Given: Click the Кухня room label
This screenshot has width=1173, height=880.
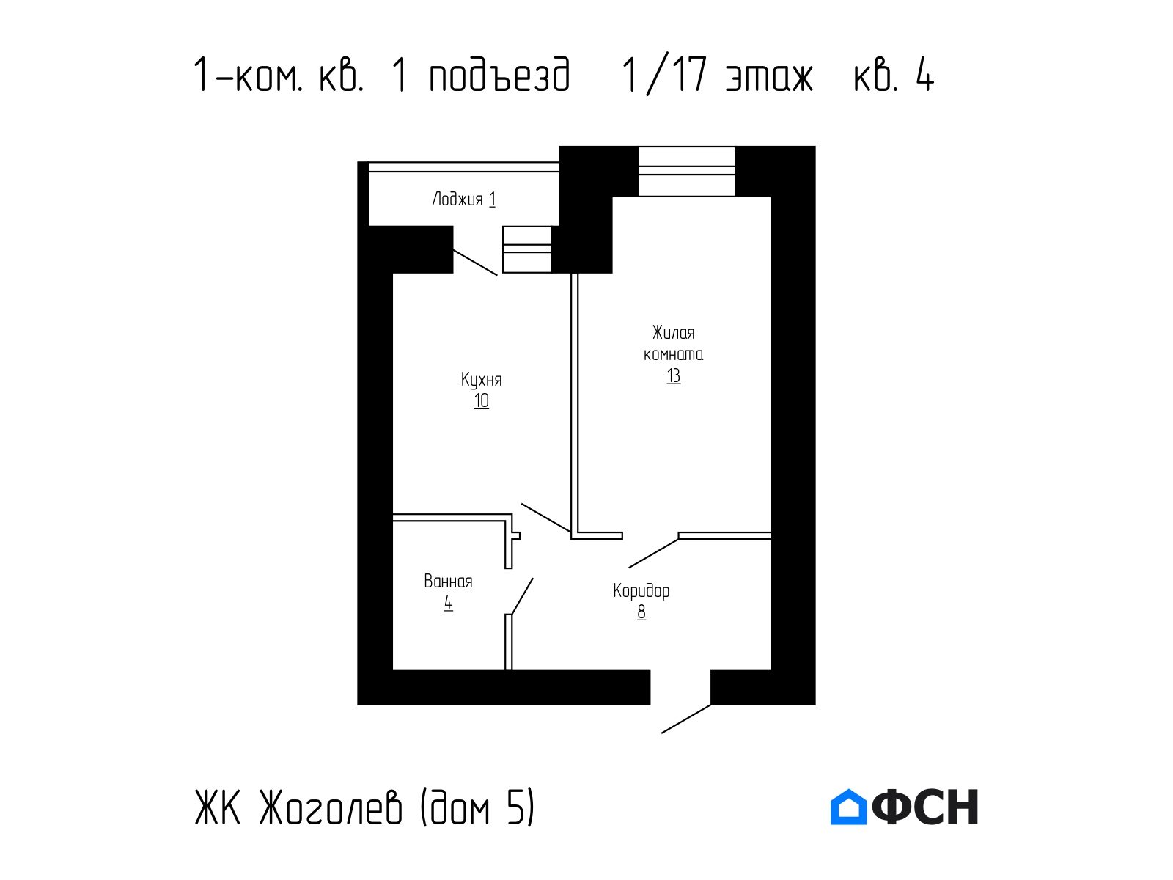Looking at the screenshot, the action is (481, 380).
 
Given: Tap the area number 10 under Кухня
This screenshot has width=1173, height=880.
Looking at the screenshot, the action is (482, 400).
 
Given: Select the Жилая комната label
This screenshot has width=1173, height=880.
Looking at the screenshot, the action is (673, 343).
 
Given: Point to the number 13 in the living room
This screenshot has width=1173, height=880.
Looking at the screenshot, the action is (673, 375).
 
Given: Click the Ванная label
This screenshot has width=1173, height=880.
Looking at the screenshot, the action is (448, 582).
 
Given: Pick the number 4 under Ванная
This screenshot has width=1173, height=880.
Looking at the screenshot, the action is (449, 604).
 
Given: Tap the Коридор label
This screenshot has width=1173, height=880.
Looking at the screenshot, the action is (641, 591).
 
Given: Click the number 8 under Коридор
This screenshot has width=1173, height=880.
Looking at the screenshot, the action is (641, 612).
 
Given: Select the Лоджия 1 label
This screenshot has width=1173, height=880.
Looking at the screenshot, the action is (463, 199).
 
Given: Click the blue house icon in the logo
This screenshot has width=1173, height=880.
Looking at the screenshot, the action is (848, 807).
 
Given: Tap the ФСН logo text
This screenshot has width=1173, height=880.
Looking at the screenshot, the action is (925, 807).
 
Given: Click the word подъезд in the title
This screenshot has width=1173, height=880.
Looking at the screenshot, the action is (500, 75).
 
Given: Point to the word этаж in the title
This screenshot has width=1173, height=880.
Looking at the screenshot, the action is (769, 76).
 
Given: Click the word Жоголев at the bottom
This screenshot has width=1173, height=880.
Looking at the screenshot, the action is (330, 807).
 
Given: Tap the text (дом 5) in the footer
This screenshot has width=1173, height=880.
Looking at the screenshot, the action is (477, 807).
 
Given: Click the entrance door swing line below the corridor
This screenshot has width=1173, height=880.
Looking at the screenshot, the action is (686, 719).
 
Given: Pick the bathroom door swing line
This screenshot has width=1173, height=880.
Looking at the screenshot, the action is (522, 596).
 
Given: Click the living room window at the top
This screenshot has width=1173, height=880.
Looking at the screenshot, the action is (687, 171).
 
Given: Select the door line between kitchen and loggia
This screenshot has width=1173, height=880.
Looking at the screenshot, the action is (475, 263).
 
